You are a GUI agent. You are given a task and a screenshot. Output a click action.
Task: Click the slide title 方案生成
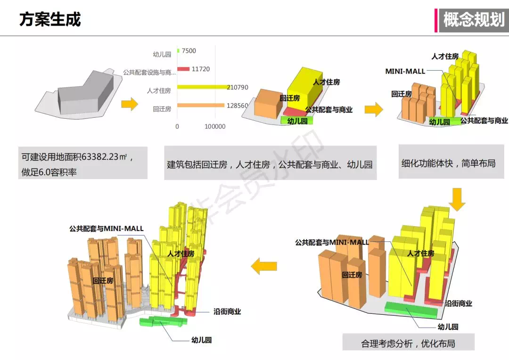50,19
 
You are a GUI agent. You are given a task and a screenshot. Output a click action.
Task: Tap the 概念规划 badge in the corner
473,20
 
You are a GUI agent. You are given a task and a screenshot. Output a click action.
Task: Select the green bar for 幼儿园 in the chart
178,51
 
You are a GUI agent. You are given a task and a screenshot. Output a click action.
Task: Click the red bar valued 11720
183,69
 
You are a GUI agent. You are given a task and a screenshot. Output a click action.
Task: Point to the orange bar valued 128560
196,106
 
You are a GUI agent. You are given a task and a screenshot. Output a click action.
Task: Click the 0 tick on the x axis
177,126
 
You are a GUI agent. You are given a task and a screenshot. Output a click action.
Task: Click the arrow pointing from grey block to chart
129,104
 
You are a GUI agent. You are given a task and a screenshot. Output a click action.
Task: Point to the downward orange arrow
457,199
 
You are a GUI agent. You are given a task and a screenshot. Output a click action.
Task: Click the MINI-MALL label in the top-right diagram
405,71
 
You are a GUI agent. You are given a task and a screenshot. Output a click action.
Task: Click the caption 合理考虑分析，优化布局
408,343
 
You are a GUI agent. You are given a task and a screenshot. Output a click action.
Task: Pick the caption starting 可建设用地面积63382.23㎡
82,163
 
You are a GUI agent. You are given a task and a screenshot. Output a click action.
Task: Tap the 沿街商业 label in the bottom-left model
227,311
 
